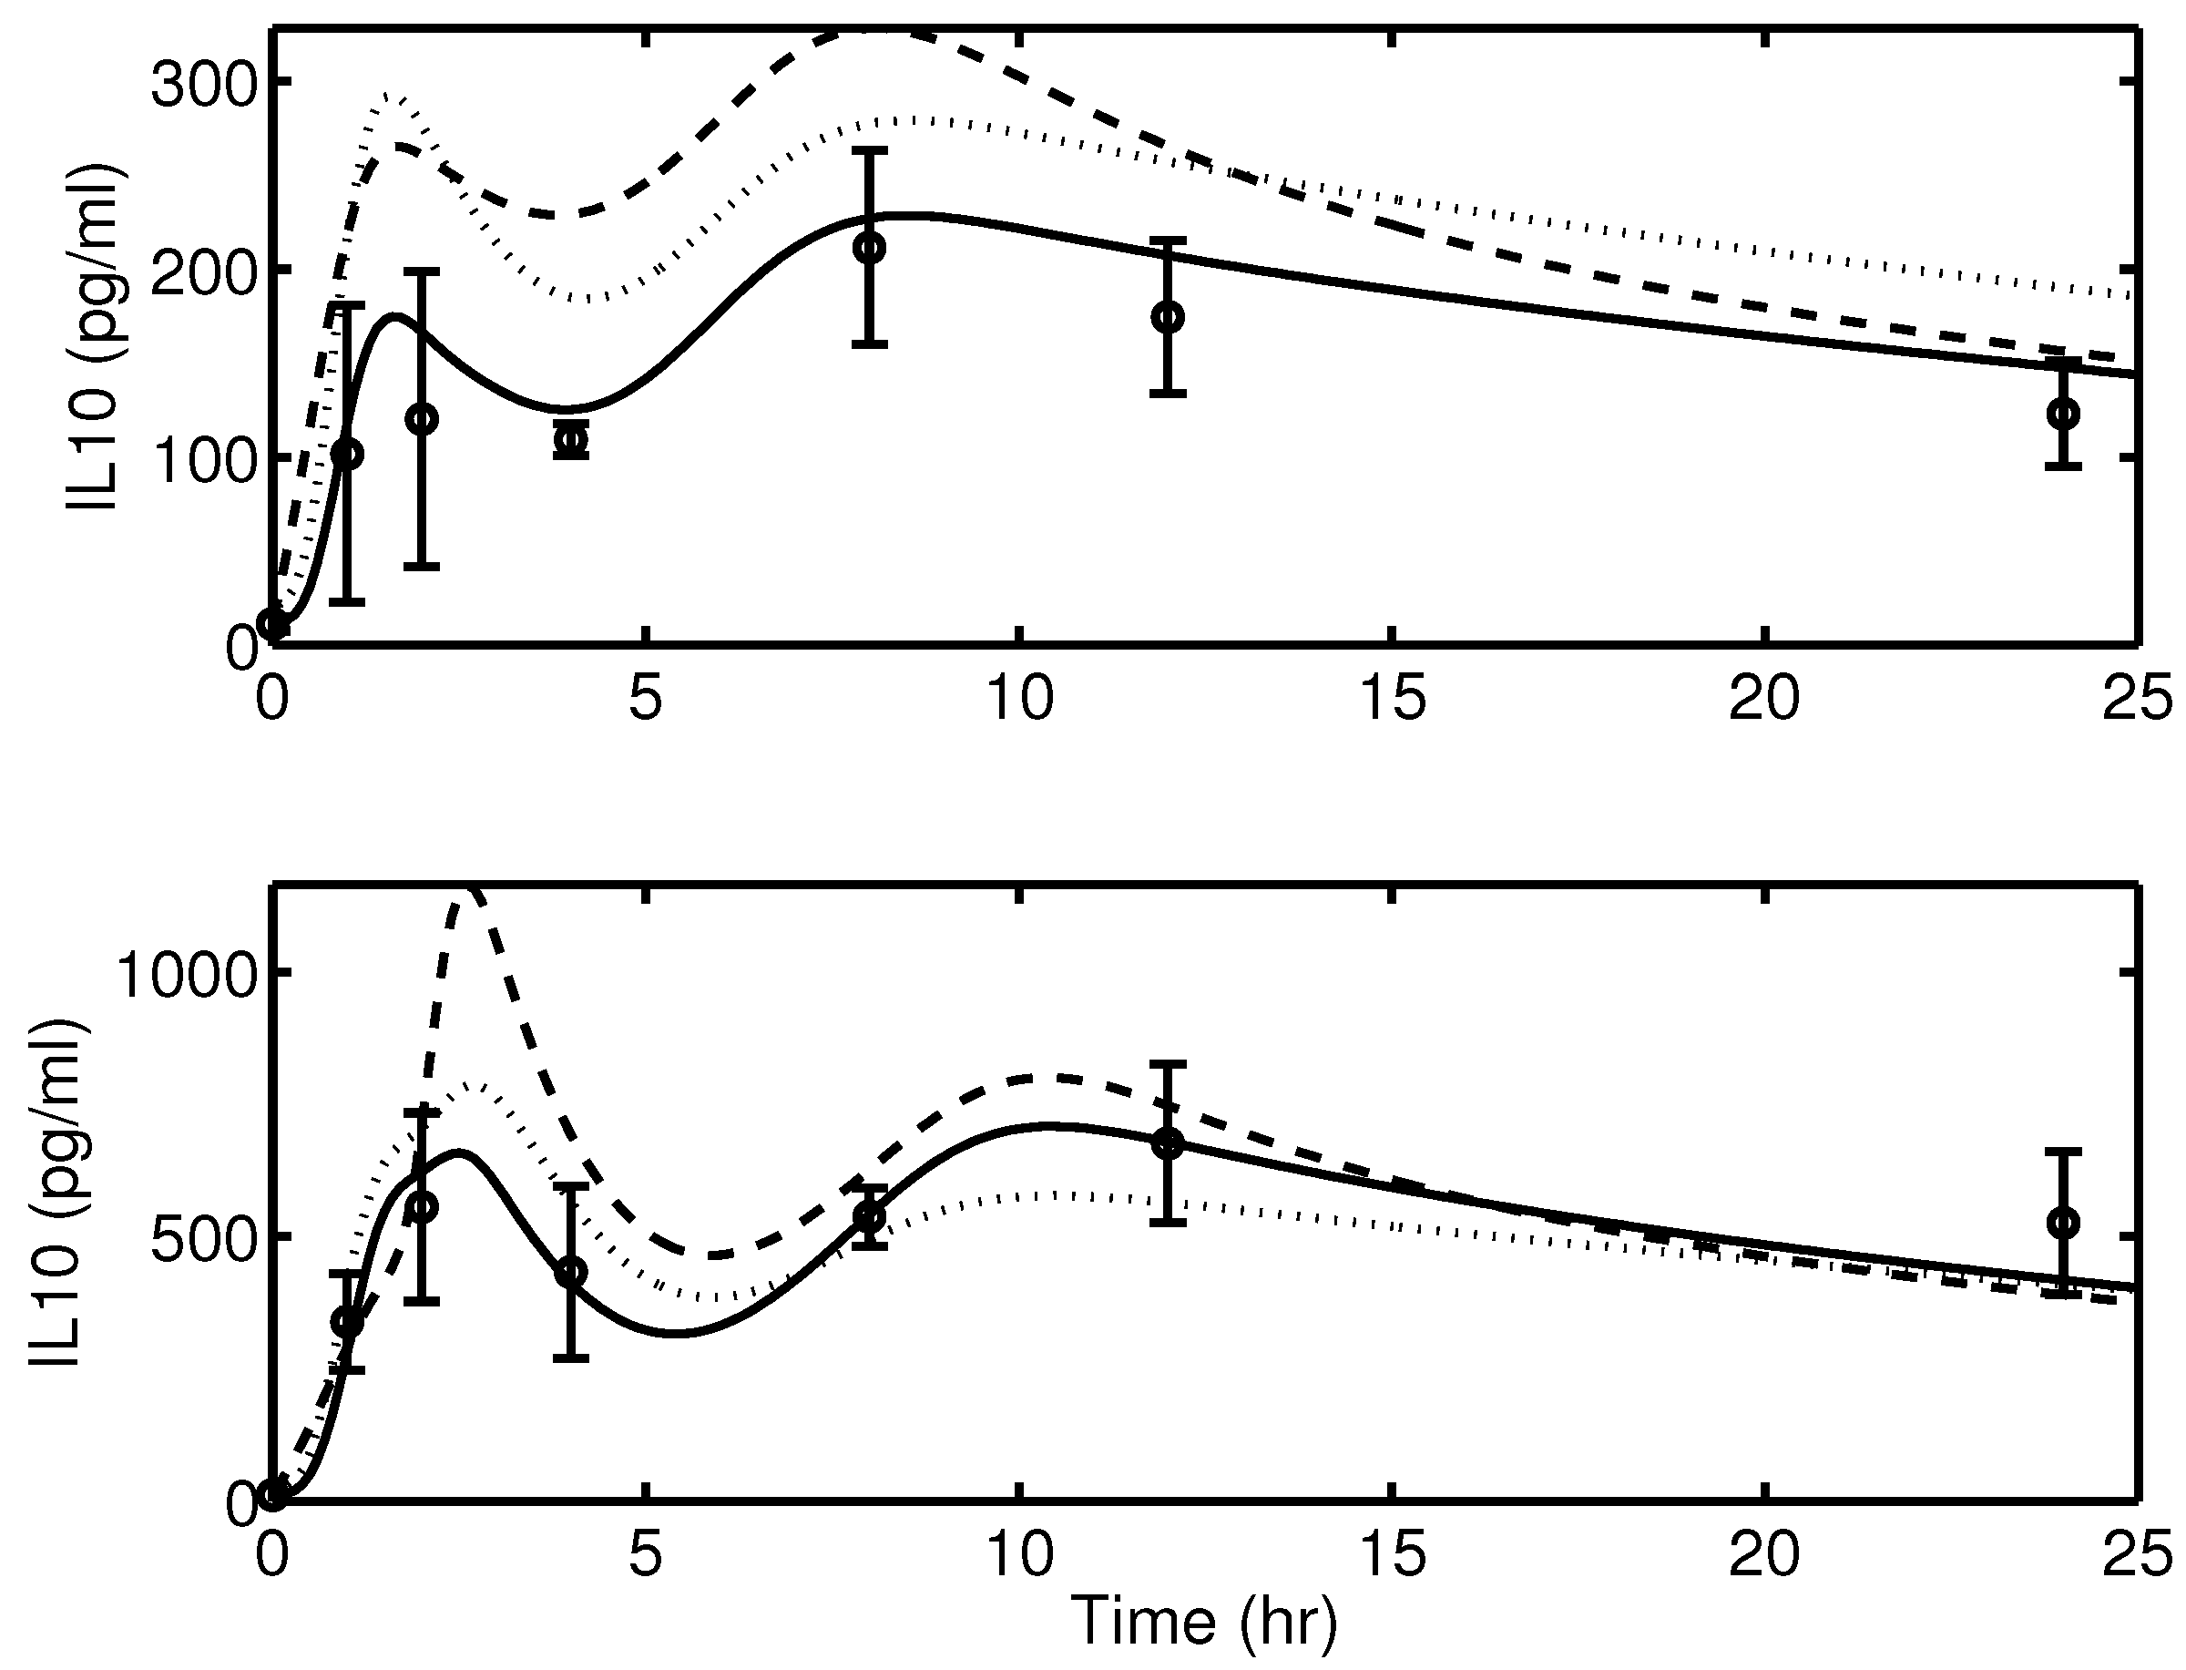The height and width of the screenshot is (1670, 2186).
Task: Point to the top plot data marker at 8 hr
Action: click(x=870, y=248)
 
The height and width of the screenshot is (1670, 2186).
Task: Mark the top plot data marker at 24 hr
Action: click(x=2064, y=414)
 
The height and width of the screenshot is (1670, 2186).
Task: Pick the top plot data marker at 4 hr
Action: click(x=570, y=439)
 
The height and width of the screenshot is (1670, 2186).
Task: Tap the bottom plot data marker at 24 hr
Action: click(x=2064, y=1223)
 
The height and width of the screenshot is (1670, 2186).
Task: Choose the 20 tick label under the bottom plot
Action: click(x=1763, y=1554)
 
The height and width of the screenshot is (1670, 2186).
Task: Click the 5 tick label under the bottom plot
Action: click(x=646, y=1554)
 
